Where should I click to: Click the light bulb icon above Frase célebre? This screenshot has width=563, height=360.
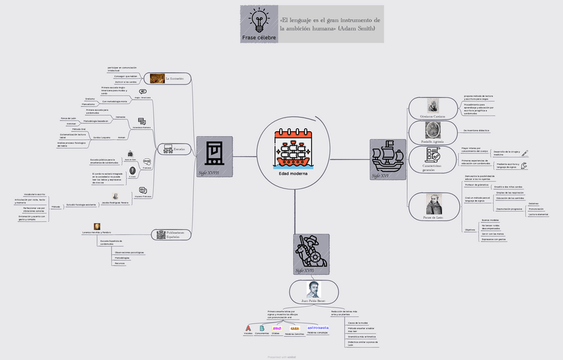click(x=258, y=19)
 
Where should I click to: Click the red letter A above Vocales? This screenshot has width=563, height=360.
click(x=248, y=328)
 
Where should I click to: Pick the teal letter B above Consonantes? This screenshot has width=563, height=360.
click(x=262, y=328)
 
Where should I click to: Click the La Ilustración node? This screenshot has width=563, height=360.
click(x=170, y=78)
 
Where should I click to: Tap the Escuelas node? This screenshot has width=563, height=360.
click(x=174, y=149)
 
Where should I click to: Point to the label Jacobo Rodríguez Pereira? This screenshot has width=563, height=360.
click(x=115, y=202)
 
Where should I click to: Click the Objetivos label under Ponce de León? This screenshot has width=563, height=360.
click(x=469, y=229)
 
